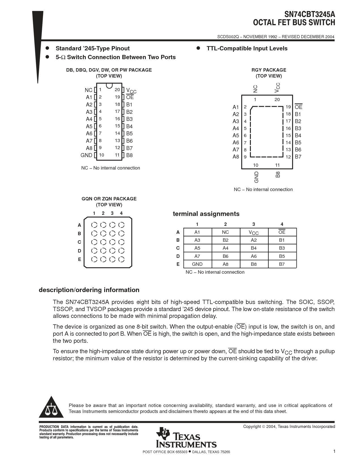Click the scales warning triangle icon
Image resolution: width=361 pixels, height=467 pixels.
(51, 408)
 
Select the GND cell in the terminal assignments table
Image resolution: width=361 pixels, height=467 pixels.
(197, 264)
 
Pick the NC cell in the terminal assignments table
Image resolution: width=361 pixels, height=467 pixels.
(225, 232)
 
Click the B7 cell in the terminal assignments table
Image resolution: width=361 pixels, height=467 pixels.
(282, 264)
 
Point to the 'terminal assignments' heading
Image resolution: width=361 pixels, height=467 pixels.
(206, 214)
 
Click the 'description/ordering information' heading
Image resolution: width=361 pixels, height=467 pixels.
(89, 290)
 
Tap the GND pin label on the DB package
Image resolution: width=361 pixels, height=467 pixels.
(86, 155)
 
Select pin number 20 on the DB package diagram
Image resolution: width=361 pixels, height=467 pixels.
(117, 90)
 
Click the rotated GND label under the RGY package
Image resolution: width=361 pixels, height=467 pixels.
(257, 177)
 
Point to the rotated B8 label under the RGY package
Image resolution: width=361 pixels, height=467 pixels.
(278, 174)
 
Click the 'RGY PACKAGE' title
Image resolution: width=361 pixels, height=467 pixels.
(269, 70)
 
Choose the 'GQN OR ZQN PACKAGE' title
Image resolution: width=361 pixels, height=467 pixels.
(109, 199)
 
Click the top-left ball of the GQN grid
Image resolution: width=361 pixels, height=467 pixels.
(94, 225)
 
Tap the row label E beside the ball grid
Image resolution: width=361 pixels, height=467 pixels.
(80, 259)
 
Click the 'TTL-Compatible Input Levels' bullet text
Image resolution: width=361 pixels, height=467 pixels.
(247, 48)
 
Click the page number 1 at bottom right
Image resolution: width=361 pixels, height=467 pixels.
(334, 451)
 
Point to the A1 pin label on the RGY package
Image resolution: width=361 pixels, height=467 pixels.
(236, 107)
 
